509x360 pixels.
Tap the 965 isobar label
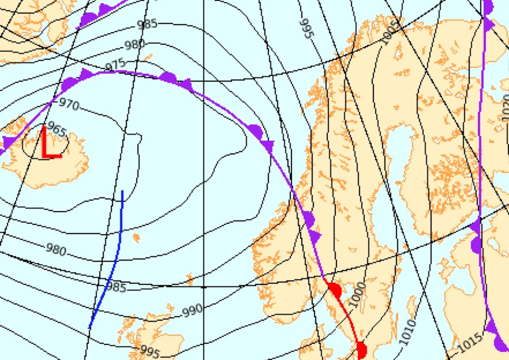click(x=56, y=130)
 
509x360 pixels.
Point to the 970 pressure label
click(x=69, y=105)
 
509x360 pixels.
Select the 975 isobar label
click(x=116, y=64)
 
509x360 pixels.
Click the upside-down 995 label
click(x=307, y=28)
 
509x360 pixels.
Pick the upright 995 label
click(x=150, y=352)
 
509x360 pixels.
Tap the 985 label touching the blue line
click(x=116, y=287)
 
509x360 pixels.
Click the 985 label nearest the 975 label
click(x=147, y=24)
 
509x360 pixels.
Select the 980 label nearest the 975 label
click(x=134, y=45)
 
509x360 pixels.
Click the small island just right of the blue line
click(x=136, y=238)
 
